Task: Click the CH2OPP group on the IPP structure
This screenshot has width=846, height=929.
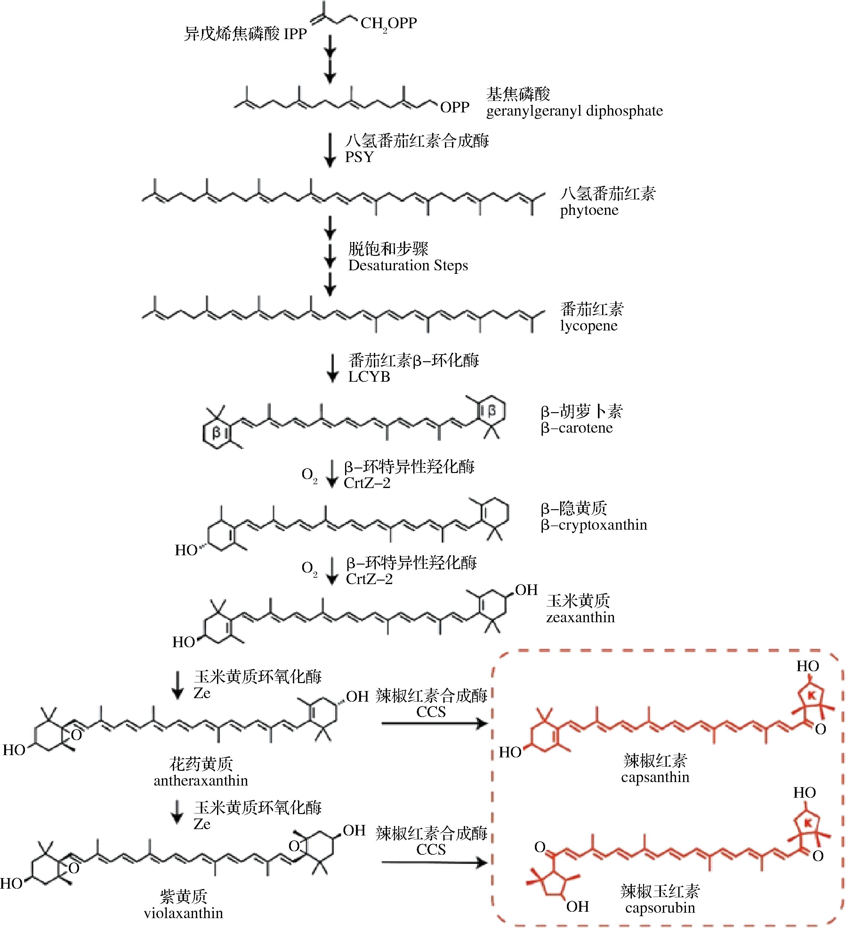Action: pyautogui.click(x=388, y=23)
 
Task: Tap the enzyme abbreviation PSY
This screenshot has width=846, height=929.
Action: pyautogui.click(x=359, y=157)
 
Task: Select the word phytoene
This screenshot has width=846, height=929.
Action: pyautogui.click(x=589, y=211)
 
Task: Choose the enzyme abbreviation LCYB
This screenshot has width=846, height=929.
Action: pyautogui.click(x=369, y=377)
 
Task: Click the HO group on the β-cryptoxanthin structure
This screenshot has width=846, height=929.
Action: pyautogui.click(x=186, y=550)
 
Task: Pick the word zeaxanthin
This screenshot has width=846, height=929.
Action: pyautogui.click(x=580, y=617)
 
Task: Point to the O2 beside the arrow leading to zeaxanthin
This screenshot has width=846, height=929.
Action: pyautogui.click(x=309, y=568)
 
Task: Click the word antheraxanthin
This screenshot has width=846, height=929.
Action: pyautogui.click(x=201, y=781)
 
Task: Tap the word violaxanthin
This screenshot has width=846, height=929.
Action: pyautogui.click(x=183, y=913)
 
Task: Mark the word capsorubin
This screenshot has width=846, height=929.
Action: pyautogui.click(x=659, y=908)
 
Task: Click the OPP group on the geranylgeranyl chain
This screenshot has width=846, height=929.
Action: pyautogui.click(x=454, y=107)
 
